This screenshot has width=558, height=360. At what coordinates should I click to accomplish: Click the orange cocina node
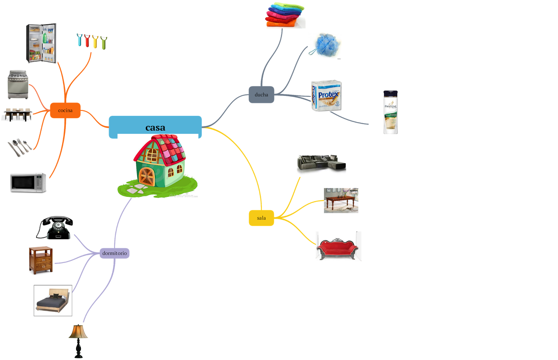click(65, 110)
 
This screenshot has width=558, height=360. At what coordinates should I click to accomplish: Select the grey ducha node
click(261, 95)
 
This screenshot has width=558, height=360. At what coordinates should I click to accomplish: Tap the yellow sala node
click(261, 218)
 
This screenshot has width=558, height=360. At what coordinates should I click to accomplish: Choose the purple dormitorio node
click(114, 253)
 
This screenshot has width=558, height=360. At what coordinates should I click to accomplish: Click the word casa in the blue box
click(155, 128)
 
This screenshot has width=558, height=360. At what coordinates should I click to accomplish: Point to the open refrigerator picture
click(42, 43)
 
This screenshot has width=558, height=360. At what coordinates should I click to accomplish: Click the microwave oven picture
click(28, 183)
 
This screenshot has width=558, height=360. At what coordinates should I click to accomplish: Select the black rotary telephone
click(55, 227)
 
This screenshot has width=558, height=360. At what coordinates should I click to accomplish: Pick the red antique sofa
click(338, 247)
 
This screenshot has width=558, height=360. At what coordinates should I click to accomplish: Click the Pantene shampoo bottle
click(391, 112)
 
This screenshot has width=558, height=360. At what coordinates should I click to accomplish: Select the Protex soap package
click(326, 95)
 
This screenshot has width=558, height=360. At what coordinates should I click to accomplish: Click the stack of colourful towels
click(284, 14)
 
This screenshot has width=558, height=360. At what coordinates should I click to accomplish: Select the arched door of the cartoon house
click(147, 176)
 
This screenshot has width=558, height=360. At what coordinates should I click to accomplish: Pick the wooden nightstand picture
click(41, 260)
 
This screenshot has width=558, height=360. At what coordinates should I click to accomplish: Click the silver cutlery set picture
click(20, 147)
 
